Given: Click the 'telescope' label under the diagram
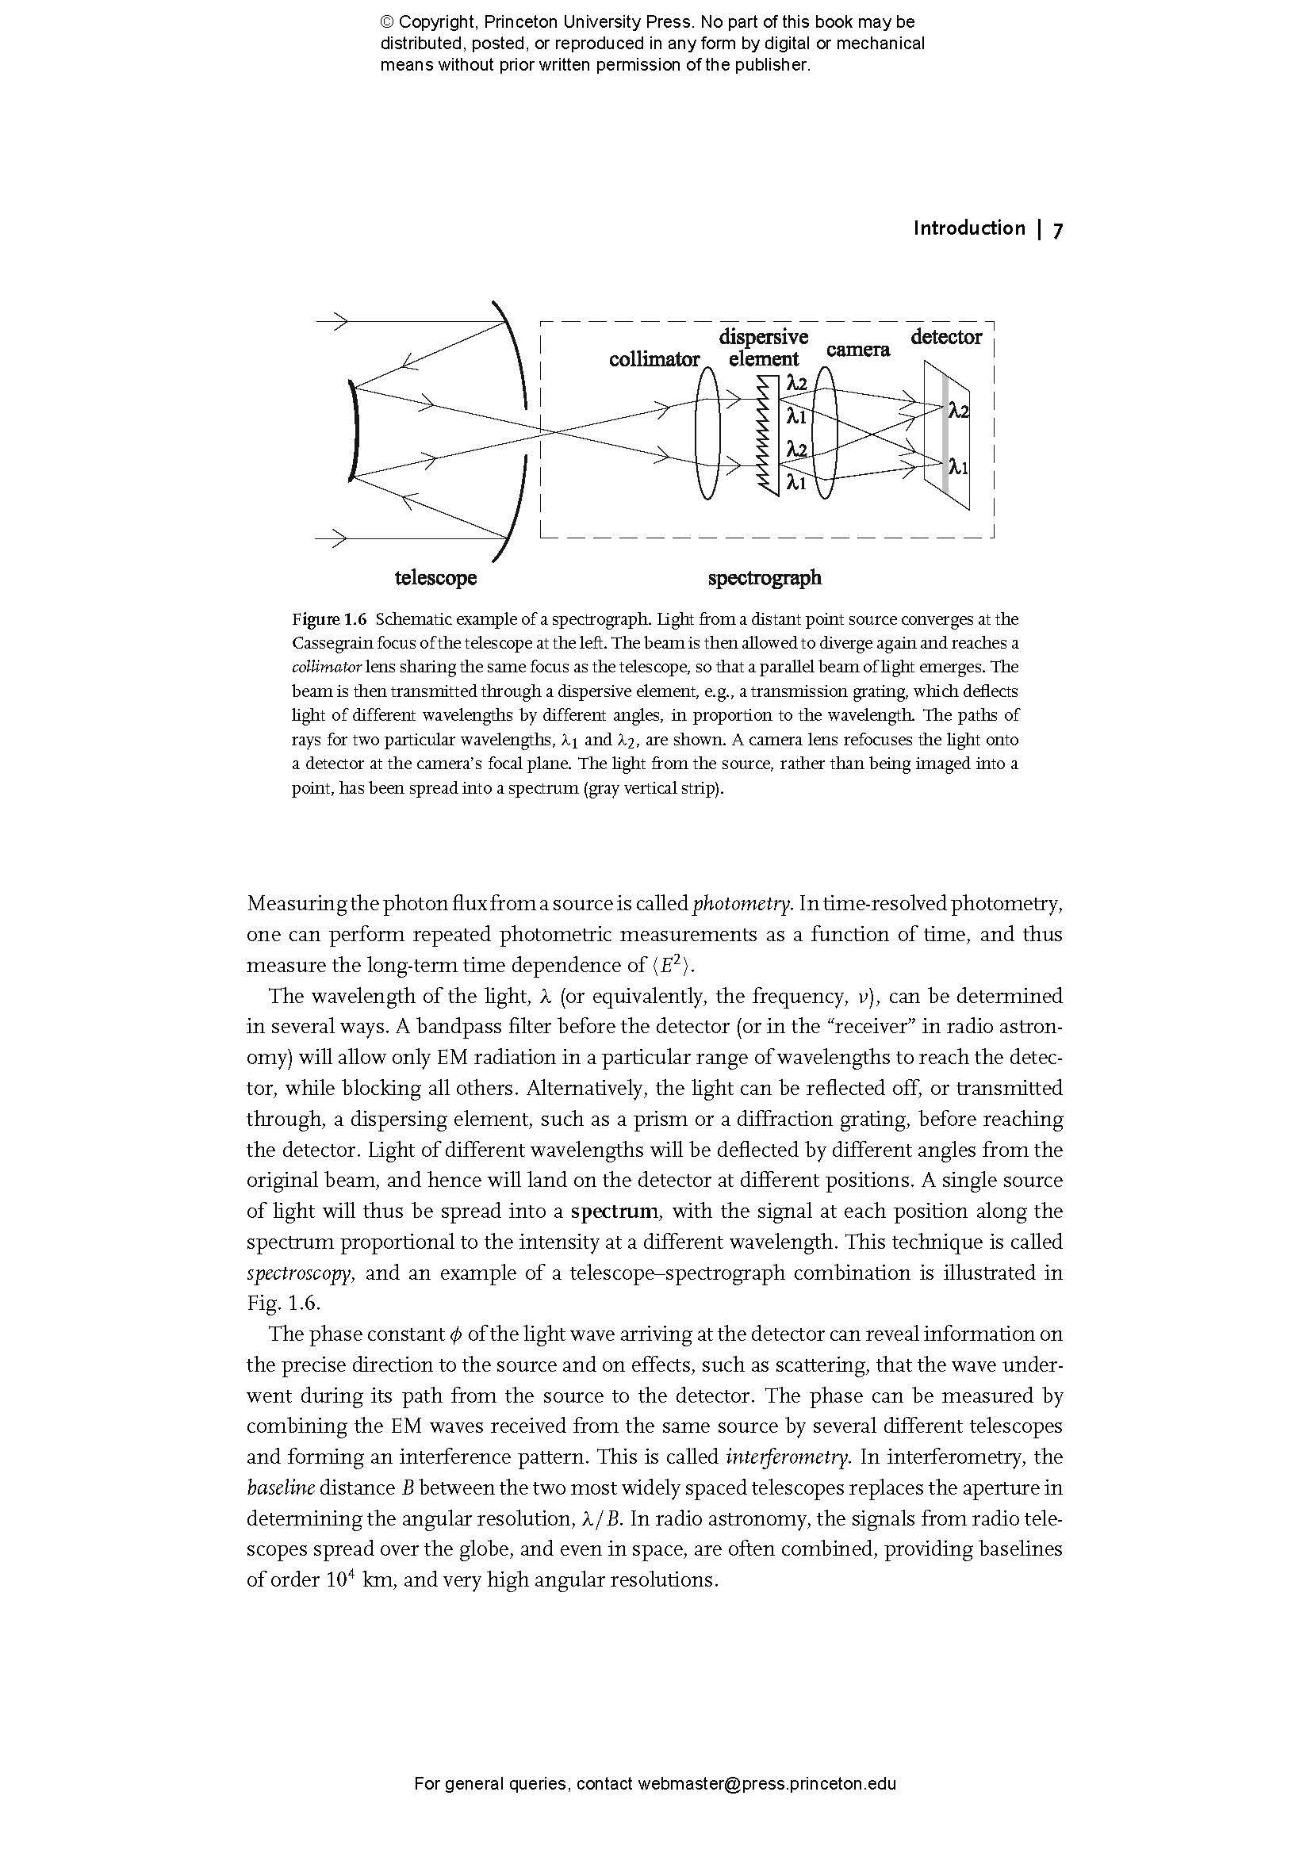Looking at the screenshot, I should (x=435, y=578).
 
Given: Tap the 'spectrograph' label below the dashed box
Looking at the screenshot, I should (x=765, y=578).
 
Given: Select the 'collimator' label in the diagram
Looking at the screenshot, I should (x=654, y=360).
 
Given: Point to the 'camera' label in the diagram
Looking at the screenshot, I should (x=857, y=350).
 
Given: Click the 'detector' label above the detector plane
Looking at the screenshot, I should (x=946, y=337).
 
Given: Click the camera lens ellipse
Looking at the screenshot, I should (x=825, y=435).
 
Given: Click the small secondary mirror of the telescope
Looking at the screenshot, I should (x=352, y=432).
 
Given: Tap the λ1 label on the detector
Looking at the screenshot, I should (x=958, y=466).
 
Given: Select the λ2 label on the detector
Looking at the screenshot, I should (x=958, y=412).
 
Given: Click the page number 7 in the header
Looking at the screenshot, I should (x=1057, y=230).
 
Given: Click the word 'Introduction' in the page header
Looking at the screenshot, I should (x=968, y=228).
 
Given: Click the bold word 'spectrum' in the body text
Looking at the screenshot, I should (x=614, y=1212).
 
